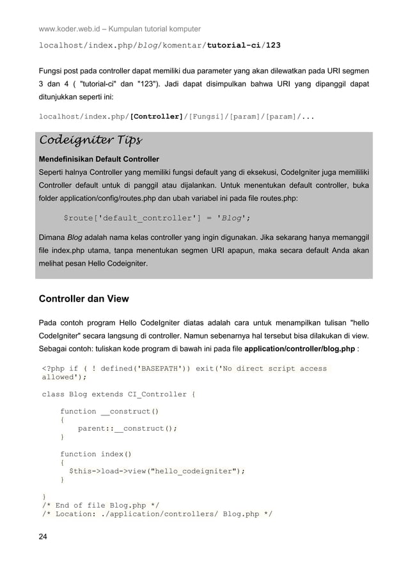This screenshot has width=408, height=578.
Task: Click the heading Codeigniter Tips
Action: click(91, 140)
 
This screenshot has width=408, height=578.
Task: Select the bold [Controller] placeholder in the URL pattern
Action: click(156, 117)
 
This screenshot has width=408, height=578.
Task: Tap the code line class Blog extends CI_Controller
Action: click(118, 394)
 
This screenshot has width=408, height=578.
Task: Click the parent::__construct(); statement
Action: click(127, 428)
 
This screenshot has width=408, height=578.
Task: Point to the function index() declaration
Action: click(96, 454)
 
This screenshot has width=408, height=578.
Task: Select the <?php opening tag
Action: click(52, 368)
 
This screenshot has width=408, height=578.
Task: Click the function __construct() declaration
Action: click(109, 411)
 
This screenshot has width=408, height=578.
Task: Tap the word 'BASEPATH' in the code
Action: click(150, 368)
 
